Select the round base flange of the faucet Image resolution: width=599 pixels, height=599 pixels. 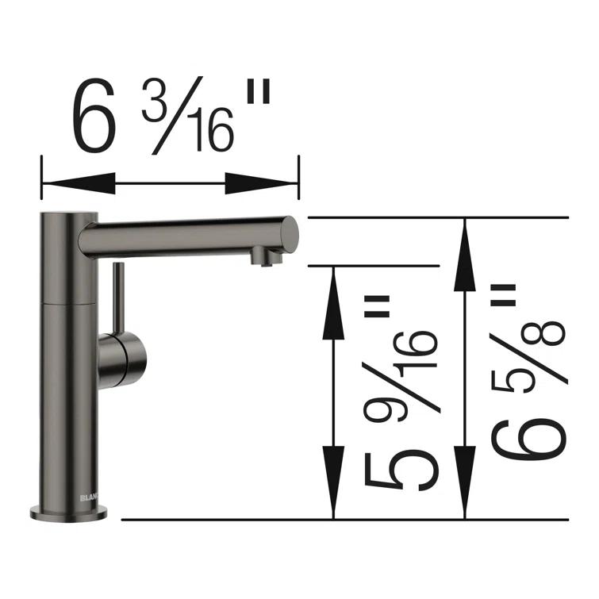click(x=70, y=513)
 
